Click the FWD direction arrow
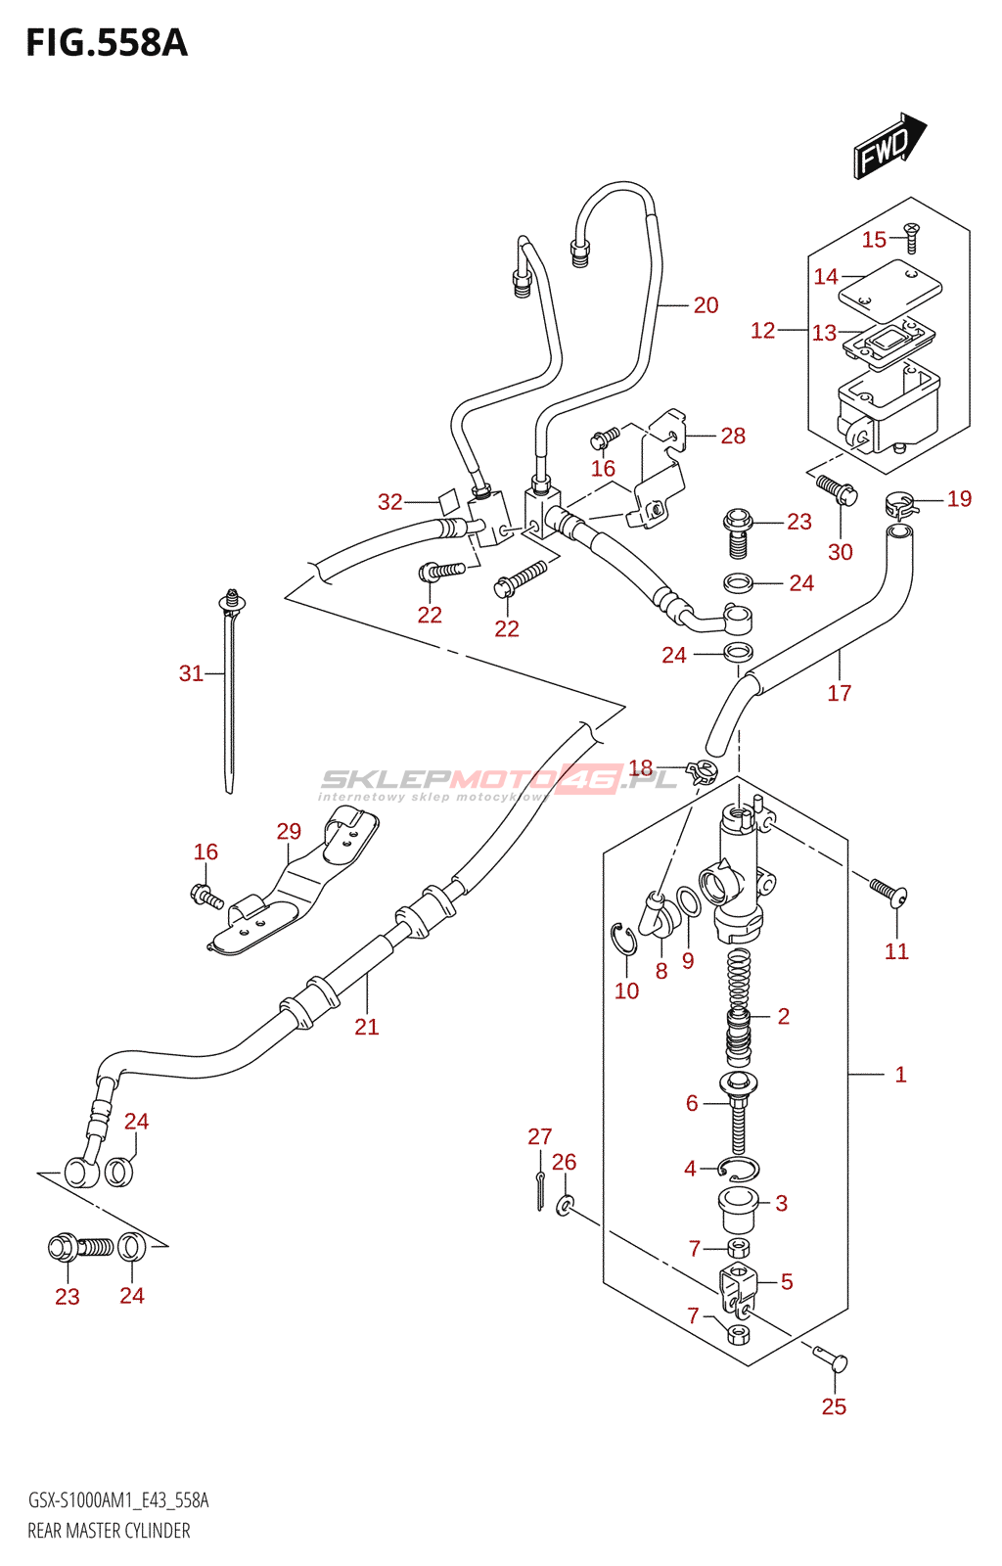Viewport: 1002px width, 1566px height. (x=888, y=147)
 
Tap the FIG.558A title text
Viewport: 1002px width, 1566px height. (x=106, y=43)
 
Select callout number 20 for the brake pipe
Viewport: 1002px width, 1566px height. (x=706, y=305)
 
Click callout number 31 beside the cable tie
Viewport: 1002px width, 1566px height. (x=191, y=673)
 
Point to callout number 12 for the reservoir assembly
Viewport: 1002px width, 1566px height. (x=762, y=331)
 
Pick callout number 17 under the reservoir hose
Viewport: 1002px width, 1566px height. (x=839, y=693)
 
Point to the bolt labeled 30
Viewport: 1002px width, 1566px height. (x=836, y=488)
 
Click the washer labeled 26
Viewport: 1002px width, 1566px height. (x=565, y=1205)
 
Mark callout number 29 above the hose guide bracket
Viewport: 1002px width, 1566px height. (x=289, y=831)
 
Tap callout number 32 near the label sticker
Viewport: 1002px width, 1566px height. (x=389, y=502)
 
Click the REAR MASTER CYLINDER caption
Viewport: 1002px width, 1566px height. (x=109, y=1531)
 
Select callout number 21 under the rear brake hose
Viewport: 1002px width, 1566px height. (x=366, y=1027)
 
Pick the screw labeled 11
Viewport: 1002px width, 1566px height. (x=888, y=893)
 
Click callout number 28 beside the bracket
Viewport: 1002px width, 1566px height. (x=733, y=436)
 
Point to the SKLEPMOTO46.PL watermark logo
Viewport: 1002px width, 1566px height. (x=499, y=781)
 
